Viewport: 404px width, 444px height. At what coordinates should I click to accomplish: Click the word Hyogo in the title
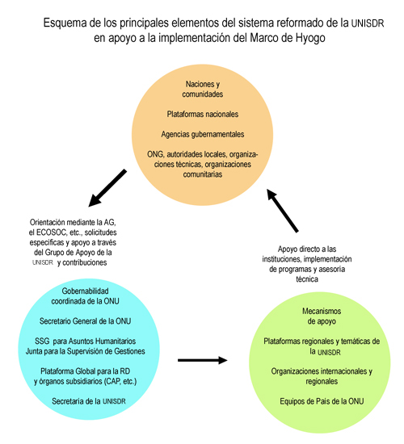(310, 38)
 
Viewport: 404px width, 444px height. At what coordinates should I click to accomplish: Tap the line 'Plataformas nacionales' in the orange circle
(203, 114)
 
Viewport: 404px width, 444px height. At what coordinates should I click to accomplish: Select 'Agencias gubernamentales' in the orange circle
(203, 134)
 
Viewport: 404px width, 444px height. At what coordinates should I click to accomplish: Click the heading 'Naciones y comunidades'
(203, 89)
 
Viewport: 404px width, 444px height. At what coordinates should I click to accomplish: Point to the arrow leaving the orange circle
(107, 188)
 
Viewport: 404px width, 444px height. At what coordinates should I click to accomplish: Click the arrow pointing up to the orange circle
(282, 211)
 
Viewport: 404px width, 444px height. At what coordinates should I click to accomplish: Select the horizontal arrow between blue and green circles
(203, 360)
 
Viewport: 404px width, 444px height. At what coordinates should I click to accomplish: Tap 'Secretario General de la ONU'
(85, 321)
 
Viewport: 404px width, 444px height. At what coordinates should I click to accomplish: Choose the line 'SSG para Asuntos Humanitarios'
(85, 341)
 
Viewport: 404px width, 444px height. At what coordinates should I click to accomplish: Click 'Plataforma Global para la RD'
(85, 371)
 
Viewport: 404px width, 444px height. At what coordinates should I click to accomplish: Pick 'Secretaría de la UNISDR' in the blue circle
(88, 401)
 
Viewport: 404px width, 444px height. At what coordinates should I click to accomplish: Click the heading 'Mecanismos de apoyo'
(322, 316)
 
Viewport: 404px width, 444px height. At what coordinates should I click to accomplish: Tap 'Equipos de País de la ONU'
(322, 401)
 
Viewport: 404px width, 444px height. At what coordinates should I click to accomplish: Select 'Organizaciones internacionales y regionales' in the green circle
(322, 376)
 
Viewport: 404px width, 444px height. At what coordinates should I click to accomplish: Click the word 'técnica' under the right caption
(307, 279)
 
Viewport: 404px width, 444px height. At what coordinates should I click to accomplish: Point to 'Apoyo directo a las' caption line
(307, 249)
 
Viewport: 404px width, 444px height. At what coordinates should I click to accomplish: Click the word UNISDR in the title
(368, 23)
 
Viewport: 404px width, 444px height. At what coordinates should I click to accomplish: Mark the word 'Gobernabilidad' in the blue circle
(85, 291)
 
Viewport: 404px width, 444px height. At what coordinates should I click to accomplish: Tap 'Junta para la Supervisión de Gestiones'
(85, 351)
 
